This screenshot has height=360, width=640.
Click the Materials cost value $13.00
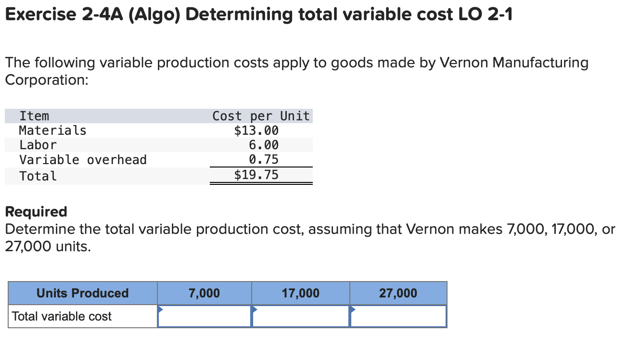coord(256,130)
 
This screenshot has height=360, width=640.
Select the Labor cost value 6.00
coord(263,145)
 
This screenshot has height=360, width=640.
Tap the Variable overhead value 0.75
coord(263,159)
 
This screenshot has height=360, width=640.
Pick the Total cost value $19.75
coord(256,175)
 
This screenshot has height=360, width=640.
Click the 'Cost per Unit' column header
coord(261,116)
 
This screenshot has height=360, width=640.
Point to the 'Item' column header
coord(34,116)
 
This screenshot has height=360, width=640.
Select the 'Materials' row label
coord(52,130)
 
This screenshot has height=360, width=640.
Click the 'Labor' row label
coord(38,145)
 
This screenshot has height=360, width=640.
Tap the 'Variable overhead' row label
coord(83,160)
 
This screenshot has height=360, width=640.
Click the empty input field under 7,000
coord(205,316)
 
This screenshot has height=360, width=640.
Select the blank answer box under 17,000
coord(301,316)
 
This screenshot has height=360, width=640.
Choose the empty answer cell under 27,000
coord(398,316)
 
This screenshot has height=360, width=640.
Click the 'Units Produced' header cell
coord(83,293)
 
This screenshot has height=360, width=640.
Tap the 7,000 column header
coord(205,293)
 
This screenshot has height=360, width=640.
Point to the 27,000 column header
coord(398,293)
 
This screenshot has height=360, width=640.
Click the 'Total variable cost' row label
coord(62,316)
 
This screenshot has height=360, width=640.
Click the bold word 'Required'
coord(36,212)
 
